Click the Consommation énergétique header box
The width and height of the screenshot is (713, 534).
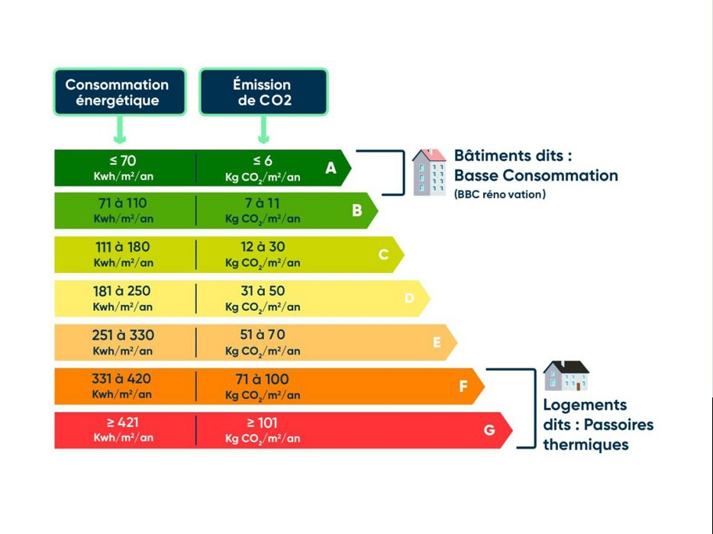pyautogui.click(x=119, y=92)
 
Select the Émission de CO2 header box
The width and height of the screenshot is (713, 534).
pyautogui.click(x=263, y=92)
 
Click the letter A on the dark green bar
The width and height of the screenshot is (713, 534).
pyautogui.click(x=331, y=169)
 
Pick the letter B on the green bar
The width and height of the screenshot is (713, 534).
pyautogui.click(x=356, y=211)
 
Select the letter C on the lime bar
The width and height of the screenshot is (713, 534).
pyautogui.click(x=383, y=254)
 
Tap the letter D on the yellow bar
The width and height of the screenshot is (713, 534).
pyautogui.click(x=409, y=298)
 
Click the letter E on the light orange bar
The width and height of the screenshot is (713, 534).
pyautogui.click(x=437, y=343)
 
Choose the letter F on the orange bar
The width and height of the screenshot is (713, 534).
pyautogui.click(x=463, y=386)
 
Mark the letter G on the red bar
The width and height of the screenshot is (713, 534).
pyautogui.click(x=489, y=430)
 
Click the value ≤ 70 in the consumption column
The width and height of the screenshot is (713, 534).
pyautogui.click(x=123, y=161)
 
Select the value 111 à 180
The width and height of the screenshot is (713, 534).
pyautogui.click(x=123, y=247)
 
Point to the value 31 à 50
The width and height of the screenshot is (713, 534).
pyautogui.click(x=263, y=291)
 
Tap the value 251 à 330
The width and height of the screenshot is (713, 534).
pyautogui.click(x=123, y=335)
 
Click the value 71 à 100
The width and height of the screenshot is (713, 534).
pyautogui.click(x=263, y=379)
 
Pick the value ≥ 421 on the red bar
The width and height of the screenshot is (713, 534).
pyautogui.click(x=123, y=423)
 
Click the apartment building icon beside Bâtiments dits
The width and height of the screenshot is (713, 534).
pyautogui.click(x=429, y=172)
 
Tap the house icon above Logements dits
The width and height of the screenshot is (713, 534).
pyautogui.click(x=566, y=375)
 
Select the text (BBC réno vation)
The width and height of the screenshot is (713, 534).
pyautogui.click(x=500, y=195)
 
